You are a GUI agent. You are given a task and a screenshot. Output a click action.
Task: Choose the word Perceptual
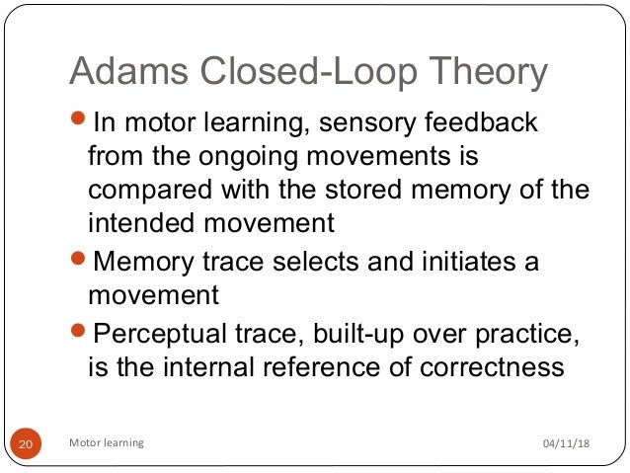click(x=162, y=334)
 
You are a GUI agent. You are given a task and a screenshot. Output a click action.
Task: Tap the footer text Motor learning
click(x=106, y=443)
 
